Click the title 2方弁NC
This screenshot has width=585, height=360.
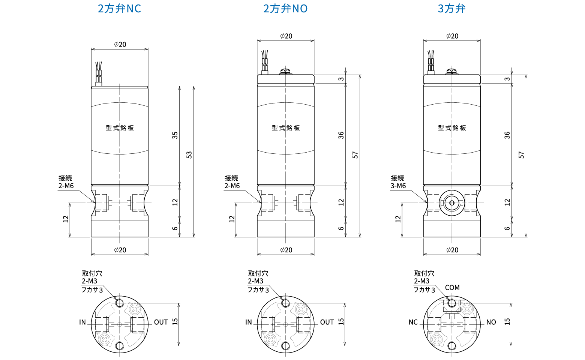(x=119, y=9)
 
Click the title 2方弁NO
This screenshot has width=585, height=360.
(x=285, y=9)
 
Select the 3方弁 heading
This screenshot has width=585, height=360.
(x=451, y=9)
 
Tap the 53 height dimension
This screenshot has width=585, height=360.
(x=189, y=154)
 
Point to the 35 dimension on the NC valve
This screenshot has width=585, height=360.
(x=175, y=135)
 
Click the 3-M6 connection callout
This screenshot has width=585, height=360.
(x=398, y=186)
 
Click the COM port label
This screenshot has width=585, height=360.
(x=452, y=288)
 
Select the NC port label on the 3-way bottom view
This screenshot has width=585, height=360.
(x=413, y=322)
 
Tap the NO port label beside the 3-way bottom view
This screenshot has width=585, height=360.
(x=491, y=322)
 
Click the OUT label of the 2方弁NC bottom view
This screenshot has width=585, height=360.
(x=161, y=322)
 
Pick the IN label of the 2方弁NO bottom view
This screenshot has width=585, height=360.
(x=249, y=322)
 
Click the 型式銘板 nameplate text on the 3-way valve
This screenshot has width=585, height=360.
(x=452, y=128)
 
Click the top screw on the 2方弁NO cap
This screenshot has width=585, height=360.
(x=286, y=71)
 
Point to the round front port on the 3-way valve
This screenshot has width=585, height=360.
(x=451, y=203)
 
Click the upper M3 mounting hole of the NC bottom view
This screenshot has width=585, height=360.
(x=120, y=303)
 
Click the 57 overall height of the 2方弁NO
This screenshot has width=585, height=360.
(x=355, y=154)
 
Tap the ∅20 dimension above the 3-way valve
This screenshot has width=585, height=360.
(x=452, y=36)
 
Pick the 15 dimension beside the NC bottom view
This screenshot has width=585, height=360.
(x=175, y=322)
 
